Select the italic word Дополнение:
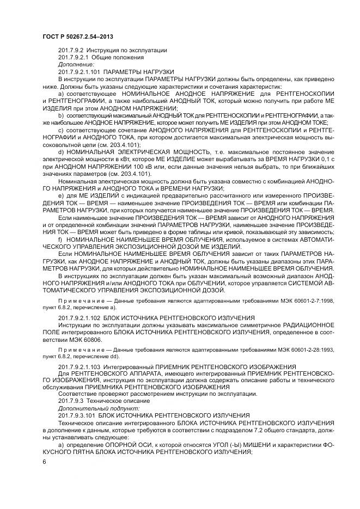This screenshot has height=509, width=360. (x=72, y=64)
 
